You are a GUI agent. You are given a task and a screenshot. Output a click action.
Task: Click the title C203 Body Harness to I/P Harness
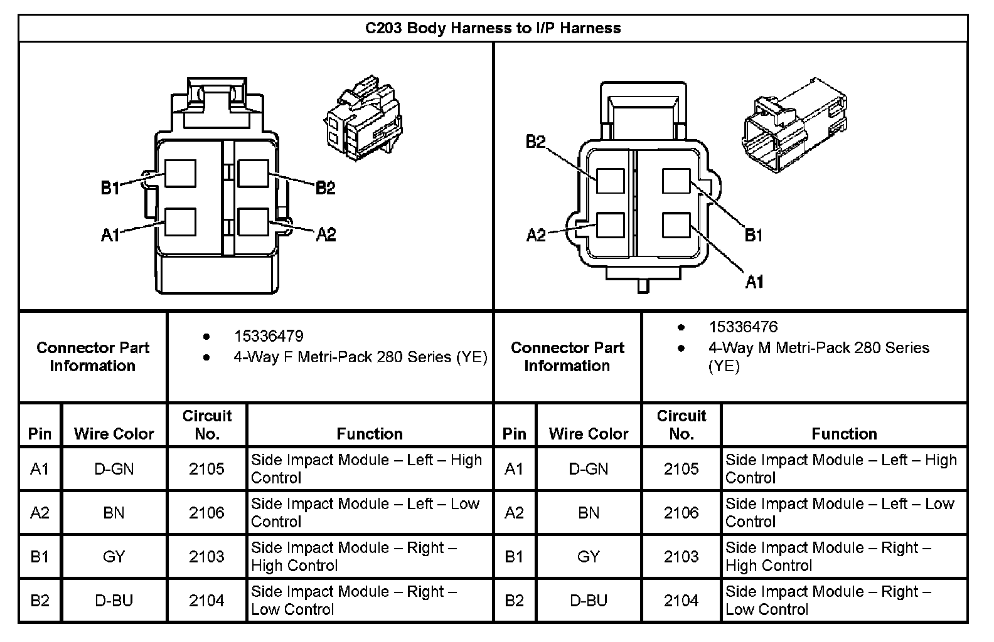[x=493, y=28]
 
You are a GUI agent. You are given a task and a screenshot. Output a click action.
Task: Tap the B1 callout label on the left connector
[x=110, y=187]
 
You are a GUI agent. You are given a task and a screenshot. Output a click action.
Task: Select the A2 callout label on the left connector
[x=326, y=234]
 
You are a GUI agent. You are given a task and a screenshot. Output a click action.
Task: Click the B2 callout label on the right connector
[x=535, y=142]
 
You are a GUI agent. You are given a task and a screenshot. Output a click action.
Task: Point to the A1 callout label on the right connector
[x=754, y=282]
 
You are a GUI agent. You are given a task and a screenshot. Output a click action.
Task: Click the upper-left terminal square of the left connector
[x=180, y=174]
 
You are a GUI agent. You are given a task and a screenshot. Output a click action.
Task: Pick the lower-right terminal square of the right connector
[x=676, y=225]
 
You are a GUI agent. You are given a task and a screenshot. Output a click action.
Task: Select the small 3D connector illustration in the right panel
[x=794, y=125]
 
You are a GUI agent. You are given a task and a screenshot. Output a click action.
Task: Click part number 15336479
[x=269, y=336]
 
